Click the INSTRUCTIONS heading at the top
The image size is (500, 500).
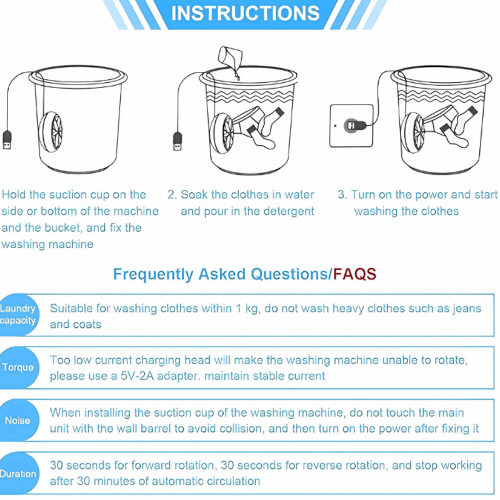245,13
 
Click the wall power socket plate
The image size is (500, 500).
351,125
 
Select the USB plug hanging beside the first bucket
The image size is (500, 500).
7,139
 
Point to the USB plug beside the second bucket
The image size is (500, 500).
177,141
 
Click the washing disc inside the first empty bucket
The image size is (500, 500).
51,131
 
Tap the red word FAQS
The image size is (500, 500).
354,273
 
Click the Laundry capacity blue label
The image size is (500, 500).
18,314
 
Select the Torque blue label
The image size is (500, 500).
18,367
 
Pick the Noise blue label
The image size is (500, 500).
18,420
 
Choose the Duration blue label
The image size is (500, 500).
18,473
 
